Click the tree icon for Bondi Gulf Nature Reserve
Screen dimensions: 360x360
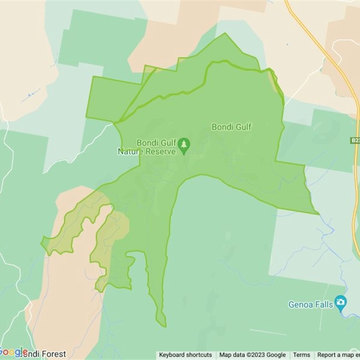click(x=184, y=145)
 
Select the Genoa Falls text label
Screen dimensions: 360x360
click(x=310, y=305)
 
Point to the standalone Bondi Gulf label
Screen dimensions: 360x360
click(x=231, y=127)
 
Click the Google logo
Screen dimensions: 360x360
click(x=13, y=352)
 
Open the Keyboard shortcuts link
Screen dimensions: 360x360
click(x=185, y=355)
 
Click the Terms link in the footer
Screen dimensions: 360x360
click(x=301, y=355)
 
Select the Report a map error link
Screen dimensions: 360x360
click(x=337, y=355)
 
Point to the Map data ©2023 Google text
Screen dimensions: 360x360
click(x=252, y=355)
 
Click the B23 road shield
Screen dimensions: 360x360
click(x=355, y=141)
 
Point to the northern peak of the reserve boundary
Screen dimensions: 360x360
click(x=225, y=34)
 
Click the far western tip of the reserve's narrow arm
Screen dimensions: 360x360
click(x=42, y=243)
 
